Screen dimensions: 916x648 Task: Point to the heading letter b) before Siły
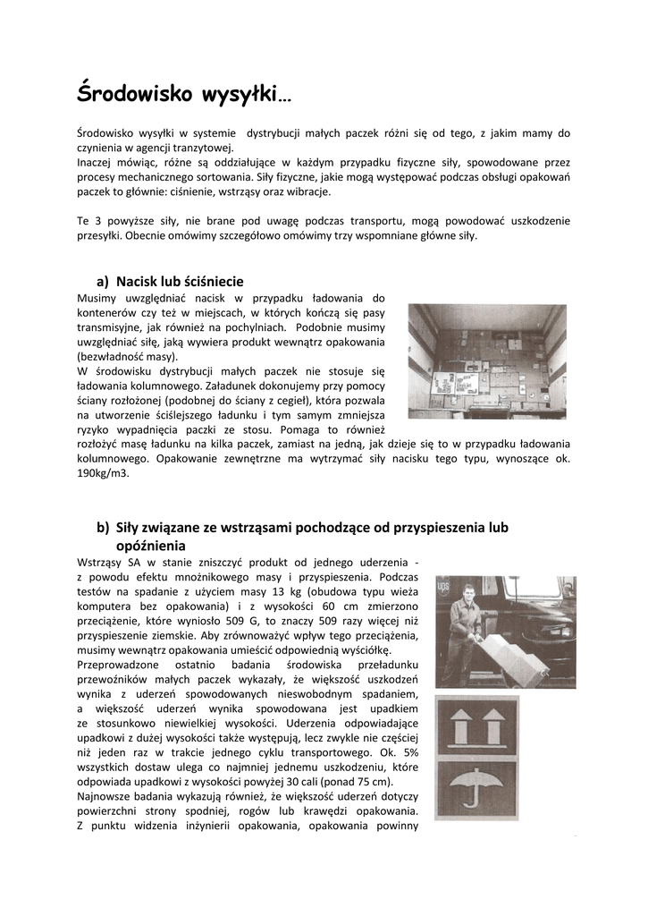click(104, 528)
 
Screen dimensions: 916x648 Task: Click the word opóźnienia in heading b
click(150, 545)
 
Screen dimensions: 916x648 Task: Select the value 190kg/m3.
click(104, 473)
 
